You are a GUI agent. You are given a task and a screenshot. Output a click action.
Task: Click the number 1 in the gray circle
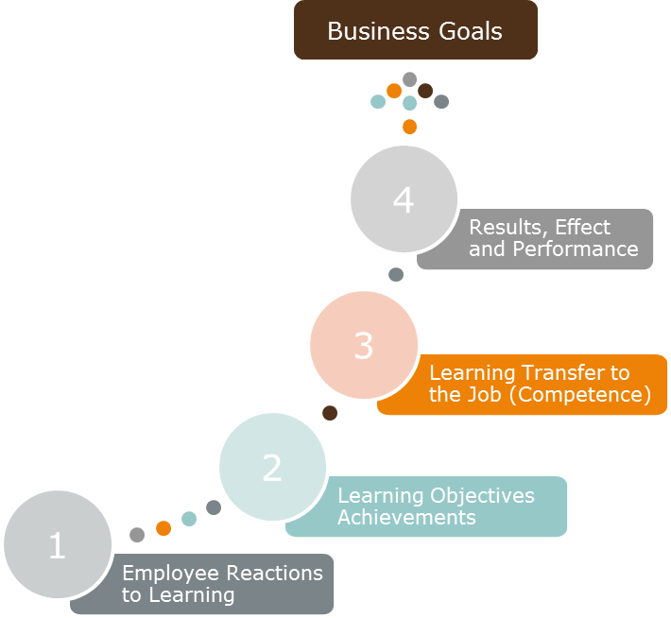tap(57, 546)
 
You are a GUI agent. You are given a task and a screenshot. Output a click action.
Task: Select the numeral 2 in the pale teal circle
tap(272, 468)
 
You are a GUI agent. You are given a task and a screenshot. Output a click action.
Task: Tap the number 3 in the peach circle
tap(364, 347)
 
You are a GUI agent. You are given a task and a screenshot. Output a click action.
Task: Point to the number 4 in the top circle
tap(404, 200)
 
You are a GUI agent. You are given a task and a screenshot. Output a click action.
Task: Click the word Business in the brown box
tap(369, 30)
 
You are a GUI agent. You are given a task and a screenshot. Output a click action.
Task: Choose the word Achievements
tap(406, 518)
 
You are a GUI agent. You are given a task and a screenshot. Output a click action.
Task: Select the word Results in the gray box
tap(508, 228)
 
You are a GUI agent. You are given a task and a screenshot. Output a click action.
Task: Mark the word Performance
tap(576, 249)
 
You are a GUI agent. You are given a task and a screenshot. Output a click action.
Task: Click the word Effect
tap(583, 228)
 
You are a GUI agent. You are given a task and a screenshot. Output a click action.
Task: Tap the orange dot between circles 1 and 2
tap(163, 527)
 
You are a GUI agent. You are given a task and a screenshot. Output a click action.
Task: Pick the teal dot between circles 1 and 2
tap(189, 518)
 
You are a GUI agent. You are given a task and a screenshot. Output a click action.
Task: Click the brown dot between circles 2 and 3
tap(330, 413)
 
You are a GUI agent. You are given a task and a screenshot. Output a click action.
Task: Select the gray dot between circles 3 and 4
tap(396, 274)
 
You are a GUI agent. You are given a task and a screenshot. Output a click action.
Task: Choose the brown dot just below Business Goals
tap(425, 91)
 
